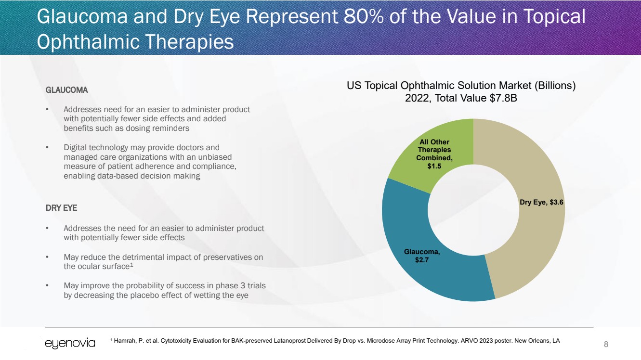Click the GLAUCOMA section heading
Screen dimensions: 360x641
pyautogui.click(x=66, y=90)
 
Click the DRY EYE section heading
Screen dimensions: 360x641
pyautogui.click(x=61, y=208)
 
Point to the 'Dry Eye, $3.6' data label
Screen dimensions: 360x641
pyautogui.click(x=541, y=203)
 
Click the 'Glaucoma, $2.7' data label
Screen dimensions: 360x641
pyautogui.click(x=422, y=256)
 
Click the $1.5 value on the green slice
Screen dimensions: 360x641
pyautogui.click(x=434, y=166)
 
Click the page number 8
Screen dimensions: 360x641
pyautogui.click(x=606, y=344)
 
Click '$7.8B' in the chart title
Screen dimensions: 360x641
pyautogui.click(x=501, y=98)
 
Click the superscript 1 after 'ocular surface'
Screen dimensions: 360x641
pyautogui.click(x=131, y=265)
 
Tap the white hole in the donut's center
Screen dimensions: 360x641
pyautogui.click(x=473, y=210)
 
